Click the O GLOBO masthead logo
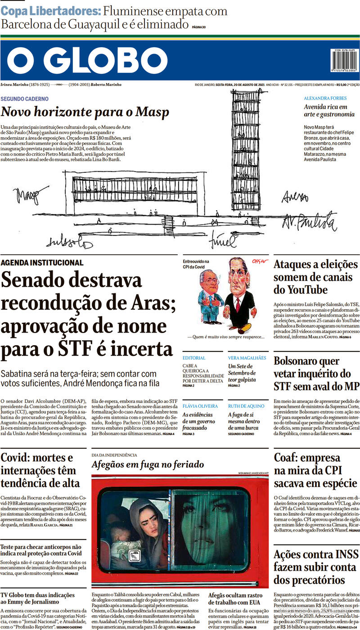(87, 60)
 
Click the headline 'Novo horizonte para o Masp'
(85, 112)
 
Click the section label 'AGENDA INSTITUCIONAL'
(42, 262)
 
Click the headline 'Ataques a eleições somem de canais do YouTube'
(315, 277)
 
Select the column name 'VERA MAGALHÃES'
(248, 358)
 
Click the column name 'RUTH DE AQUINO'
(247, 406)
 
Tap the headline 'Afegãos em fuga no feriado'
(148, 464)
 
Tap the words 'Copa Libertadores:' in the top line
(50, 11)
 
